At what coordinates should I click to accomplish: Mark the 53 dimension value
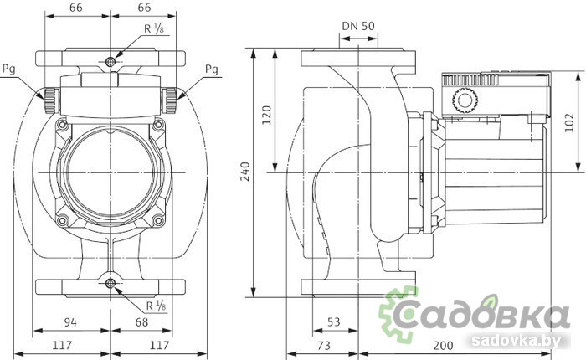pos(333,321)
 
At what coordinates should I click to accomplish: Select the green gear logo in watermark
pos(397,314)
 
